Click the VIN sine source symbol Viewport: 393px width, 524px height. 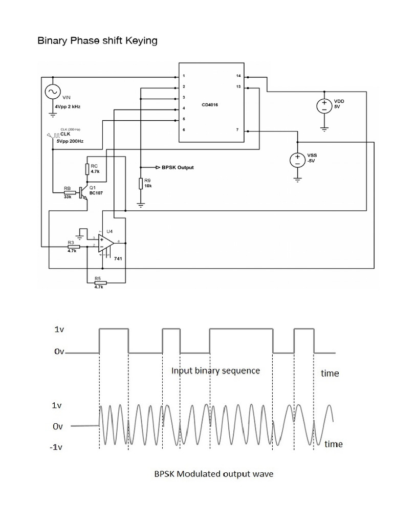coord(52,92)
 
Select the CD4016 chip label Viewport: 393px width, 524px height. coord(211,104)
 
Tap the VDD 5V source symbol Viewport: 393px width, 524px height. coord(324,105)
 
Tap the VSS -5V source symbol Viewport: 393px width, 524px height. coord(297,160)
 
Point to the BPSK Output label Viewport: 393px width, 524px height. coord(178,167)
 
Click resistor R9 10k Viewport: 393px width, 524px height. coord(141,184)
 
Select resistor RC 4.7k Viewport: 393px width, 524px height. coord(88,169)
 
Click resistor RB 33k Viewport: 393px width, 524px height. coord(67,193)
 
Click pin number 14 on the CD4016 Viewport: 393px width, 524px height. coord(238,76)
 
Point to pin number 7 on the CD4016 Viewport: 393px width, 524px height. coord(237,130)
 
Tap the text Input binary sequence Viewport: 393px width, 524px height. coord(215,370)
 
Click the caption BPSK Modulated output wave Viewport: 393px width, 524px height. coord(214,474)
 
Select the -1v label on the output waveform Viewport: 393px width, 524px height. coord(56,447)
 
